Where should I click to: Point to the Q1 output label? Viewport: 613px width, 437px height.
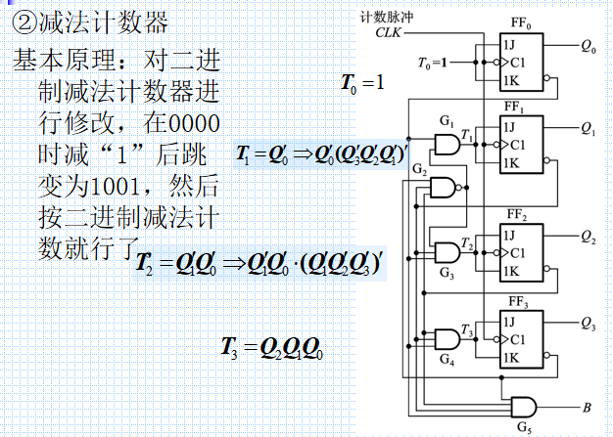pyautogui.click(x=588, y=128)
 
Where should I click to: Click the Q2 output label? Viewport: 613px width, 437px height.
pyautogui.click(x=588, y=238)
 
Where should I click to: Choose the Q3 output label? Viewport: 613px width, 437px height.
pyautogui.click(x=588, y=322)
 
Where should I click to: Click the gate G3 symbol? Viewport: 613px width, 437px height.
pyautogui.click(x=446, y=252)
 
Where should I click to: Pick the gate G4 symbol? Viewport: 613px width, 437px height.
pyautogui.click(x=446, y=339)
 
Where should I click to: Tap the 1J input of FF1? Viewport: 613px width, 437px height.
pyautogui.click(x=509, y=124)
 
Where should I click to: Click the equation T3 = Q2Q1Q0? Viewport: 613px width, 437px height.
pyautogui.click(x=273, y=347)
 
